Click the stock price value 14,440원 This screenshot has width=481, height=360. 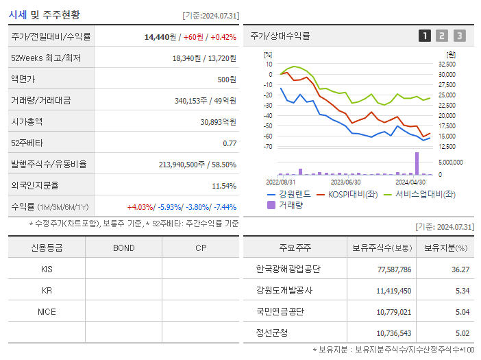(x=161, y=36)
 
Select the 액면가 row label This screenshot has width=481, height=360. (x=24, y=79)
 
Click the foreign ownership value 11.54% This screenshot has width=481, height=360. (x=223, y=185)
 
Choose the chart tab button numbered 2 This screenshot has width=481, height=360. (x=442, y=36)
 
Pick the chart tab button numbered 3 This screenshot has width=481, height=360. (x=459, y=36)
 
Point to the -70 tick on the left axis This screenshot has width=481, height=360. (x=268, y=147)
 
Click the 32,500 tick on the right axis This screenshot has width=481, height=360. (x=446, y=64)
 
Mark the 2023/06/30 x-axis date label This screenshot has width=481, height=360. (x=345, y=182)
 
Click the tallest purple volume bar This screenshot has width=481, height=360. (x=417, y=163)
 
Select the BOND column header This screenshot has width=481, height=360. (x=123, y=248)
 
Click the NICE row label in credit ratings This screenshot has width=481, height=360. (x=47, y=311)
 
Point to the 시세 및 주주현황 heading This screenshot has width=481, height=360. (x=44, y=14)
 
